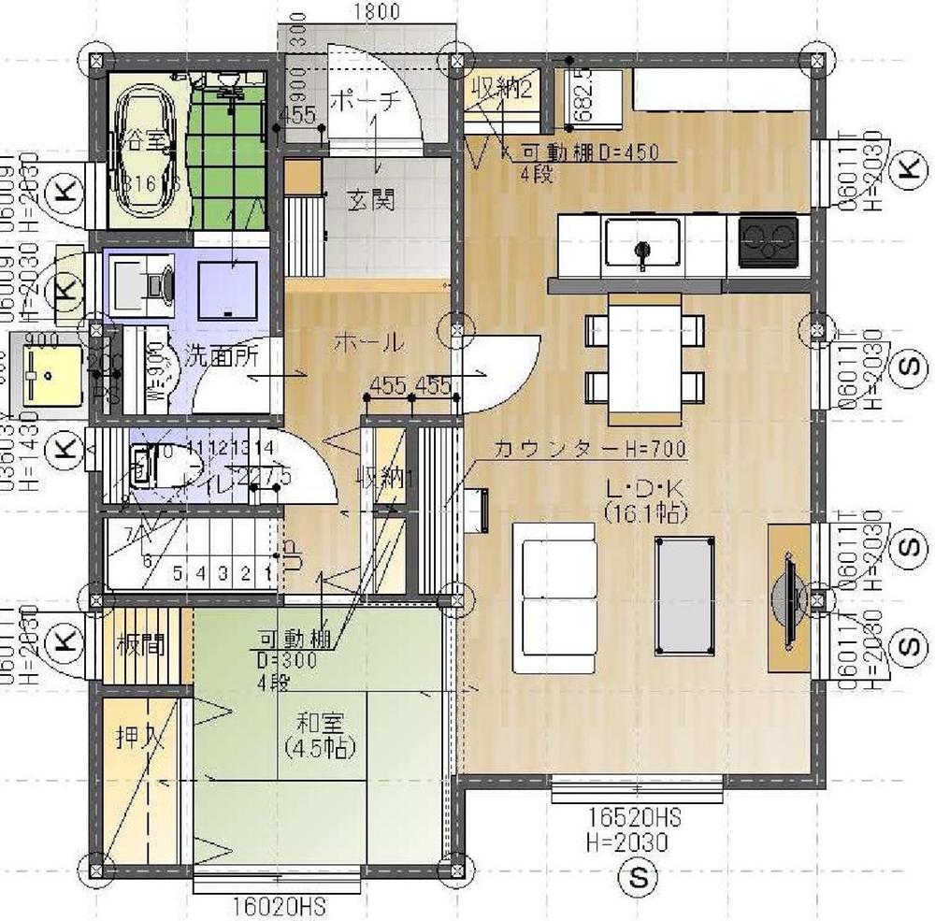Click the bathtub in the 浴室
click(150, 150)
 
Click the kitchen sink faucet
click(641, 251)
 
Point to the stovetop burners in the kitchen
click(768, 241)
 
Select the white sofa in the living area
click(554, 597)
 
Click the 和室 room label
click(320, 722)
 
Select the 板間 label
click(140, 644)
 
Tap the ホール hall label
click(368, 342)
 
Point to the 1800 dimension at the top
click(377, 12)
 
